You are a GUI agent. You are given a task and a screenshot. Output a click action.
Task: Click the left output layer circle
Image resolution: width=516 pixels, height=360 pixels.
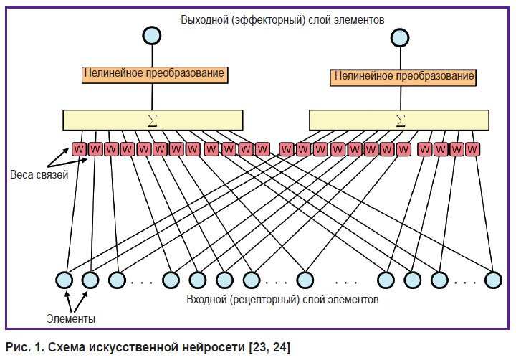(152, 36)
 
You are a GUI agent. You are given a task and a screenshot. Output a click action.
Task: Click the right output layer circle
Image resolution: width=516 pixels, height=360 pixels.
(400, 37)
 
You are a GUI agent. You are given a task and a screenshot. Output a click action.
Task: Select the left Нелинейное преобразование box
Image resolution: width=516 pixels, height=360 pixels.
(155, 75)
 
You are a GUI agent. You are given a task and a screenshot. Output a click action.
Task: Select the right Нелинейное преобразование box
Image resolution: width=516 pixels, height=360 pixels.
(403, 77)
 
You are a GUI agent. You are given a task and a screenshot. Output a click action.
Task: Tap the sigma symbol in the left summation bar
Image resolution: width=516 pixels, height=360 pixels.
(153, 120)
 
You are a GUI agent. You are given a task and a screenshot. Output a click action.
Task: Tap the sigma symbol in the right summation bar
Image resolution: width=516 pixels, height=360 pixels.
(400, 120)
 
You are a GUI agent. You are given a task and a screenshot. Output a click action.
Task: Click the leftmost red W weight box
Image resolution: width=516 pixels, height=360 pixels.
(79, 149)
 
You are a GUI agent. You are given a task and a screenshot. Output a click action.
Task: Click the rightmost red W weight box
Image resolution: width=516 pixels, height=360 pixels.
(472, 149)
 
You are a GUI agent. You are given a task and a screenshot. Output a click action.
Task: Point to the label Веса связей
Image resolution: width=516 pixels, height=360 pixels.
(39, 174)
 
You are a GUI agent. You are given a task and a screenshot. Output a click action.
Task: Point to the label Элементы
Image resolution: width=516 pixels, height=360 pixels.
(71, 318)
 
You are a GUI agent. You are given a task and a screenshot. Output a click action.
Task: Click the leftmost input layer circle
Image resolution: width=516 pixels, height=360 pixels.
(64, 280)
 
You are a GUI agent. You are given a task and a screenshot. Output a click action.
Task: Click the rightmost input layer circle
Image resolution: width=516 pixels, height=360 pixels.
(493, 280)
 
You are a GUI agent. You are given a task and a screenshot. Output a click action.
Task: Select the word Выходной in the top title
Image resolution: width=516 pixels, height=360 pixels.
(204, 20)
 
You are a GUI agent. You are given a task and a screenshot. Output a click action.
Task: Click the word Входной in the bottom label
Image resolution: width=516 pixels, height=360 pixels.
(206, 299)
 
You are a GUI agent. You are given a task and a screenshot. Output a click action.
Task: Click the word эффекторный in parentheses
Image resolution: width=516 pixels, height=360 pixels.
(269, 20)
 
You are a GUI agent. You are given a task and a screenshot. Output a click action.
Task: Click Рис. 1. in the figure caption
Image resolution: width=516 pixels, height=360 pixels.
(25, 347)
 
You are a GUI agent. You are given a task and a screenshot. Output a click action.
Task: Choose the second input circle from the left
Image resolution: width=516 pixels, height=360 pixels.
(90, 280)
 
